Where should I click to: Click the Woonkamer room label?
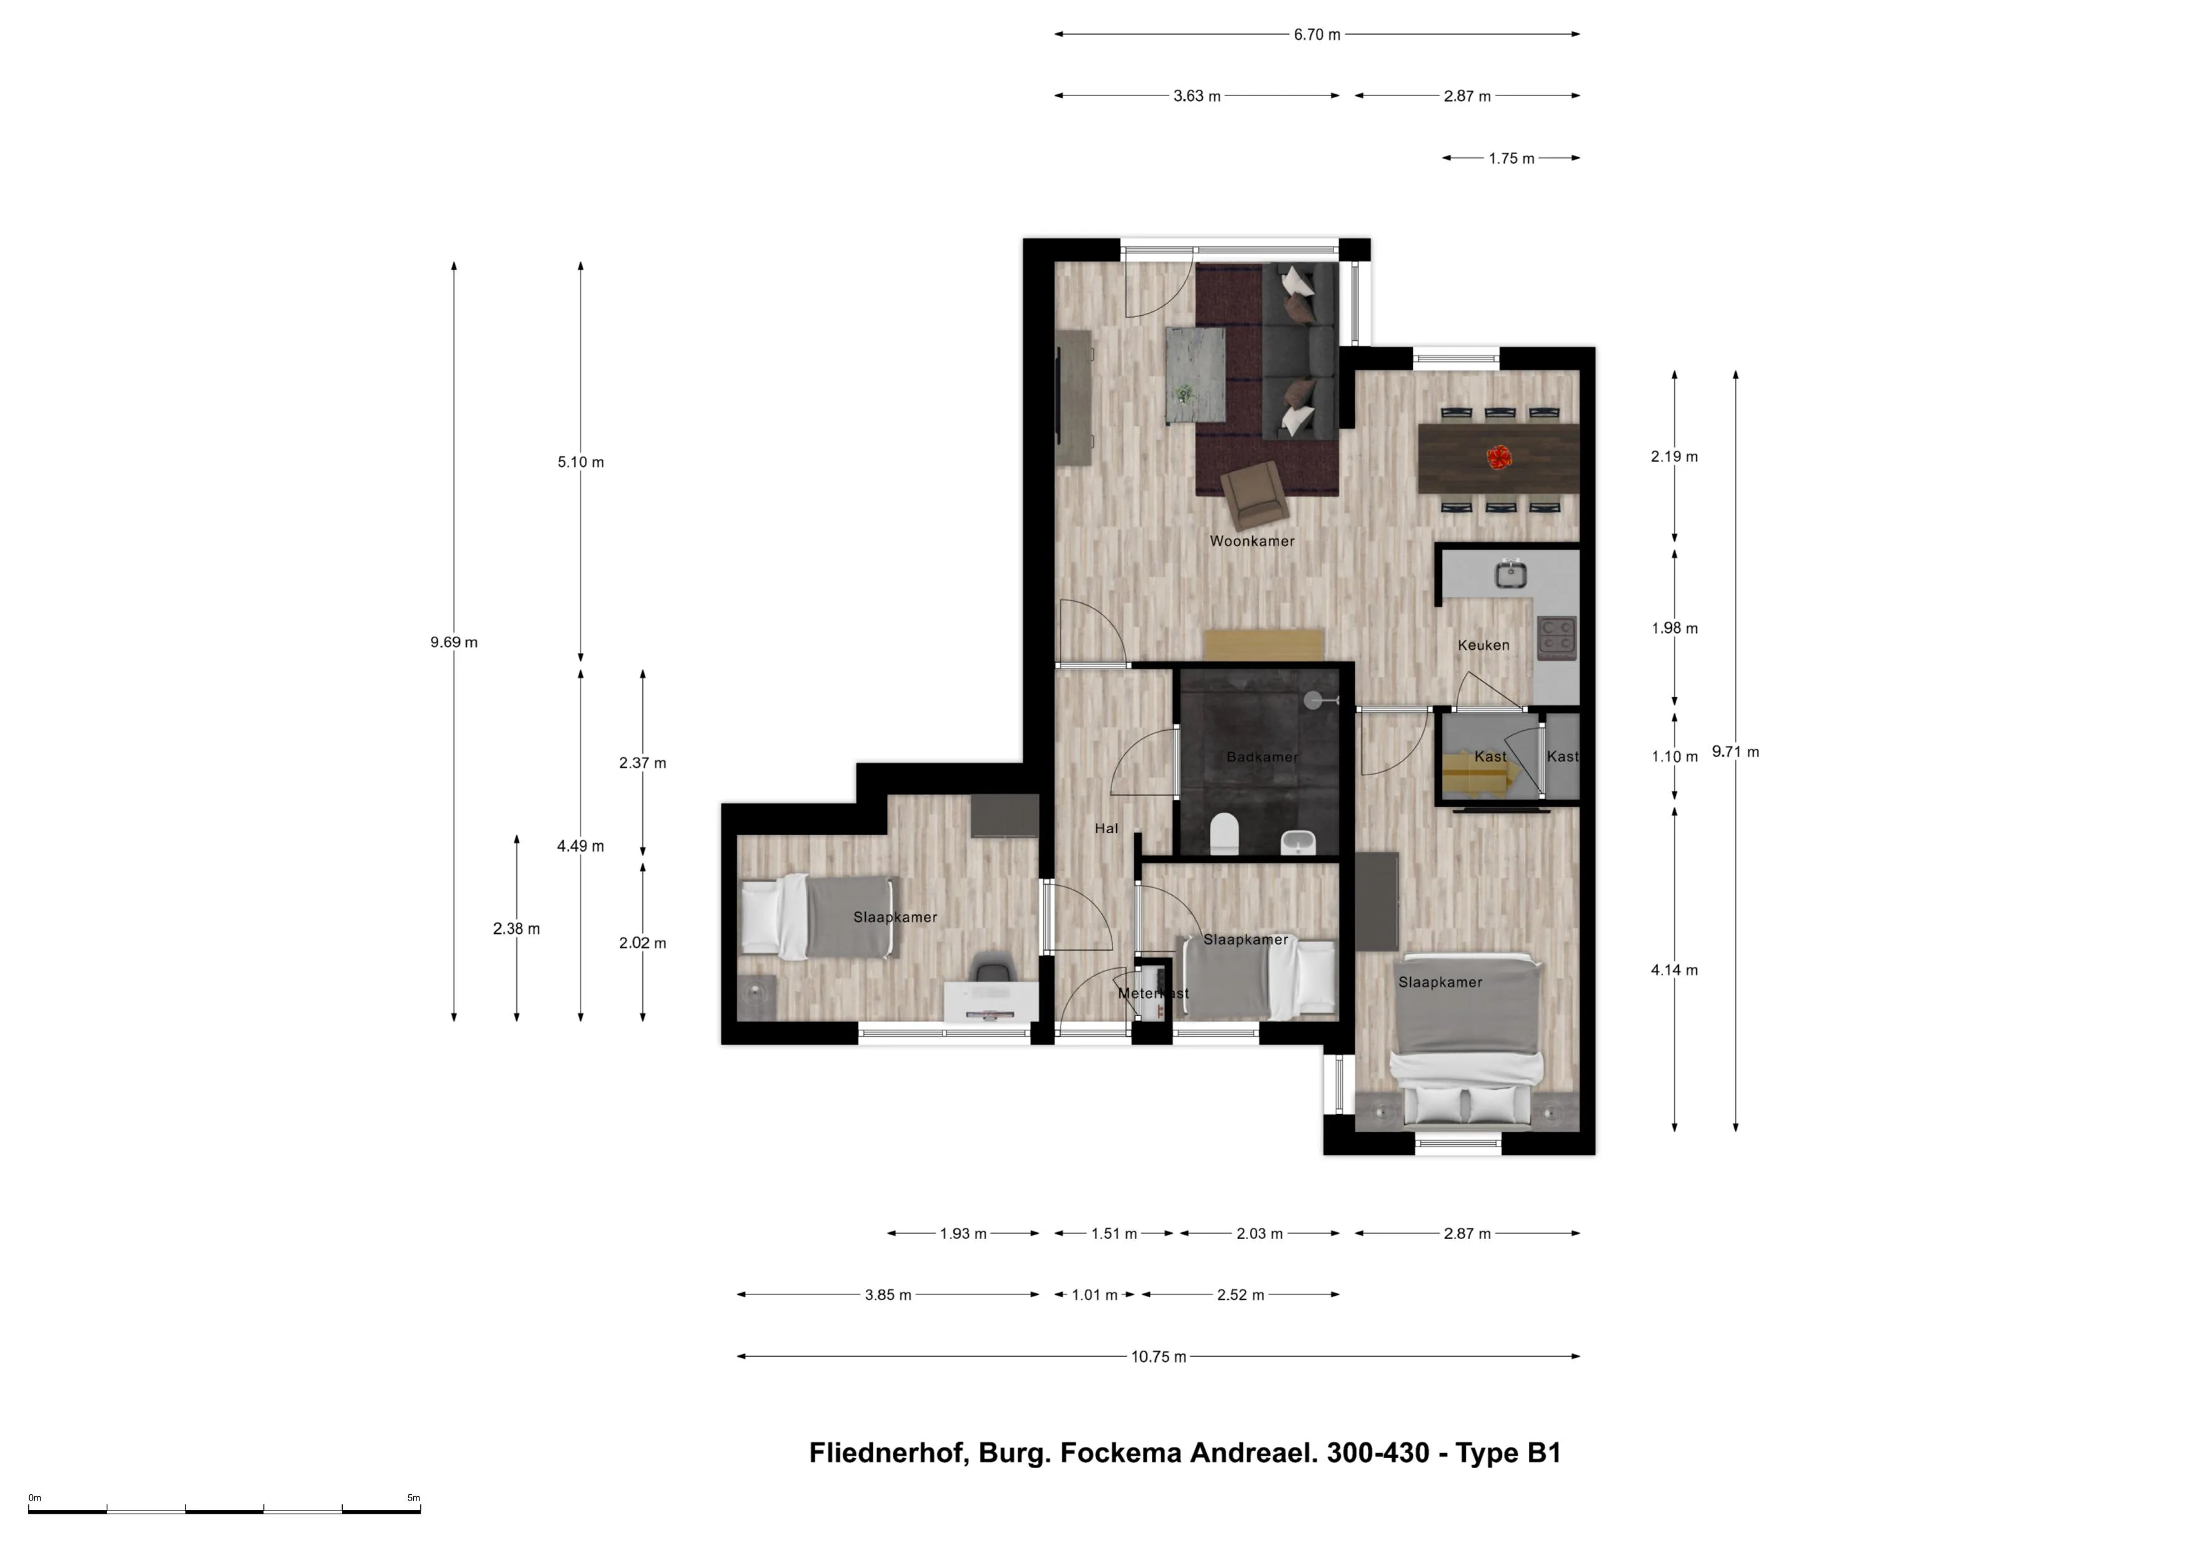tap(1252, 541)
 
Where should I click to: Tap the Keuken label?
tap(1483, 645)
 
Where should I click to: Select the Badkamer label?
tap(1262, 757)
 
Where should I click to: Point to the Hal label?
tap(1106, 828)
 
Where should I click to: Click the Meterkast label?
tap(1153, 993)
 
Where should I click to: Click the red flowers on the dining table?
tap(1500, 457)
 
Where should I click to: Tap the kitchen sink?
tap(1511, 574)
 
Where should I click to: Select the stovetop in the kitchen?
tap(1556, 637)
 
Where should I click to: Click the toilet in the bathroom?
tap(1224, 834)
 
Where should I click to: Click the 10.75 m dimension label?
tap(1159, 1356)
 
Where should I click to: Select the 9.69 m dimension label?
tap(454, 642)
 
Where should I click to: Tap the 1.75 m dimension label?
tap(1512, 159)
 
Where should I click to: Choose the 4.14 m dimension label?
tap(1675, 970)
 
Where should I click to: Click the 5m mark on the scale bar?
tap(414, 1497)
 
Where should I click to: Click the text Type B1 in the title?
tap(1508, 1452)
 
